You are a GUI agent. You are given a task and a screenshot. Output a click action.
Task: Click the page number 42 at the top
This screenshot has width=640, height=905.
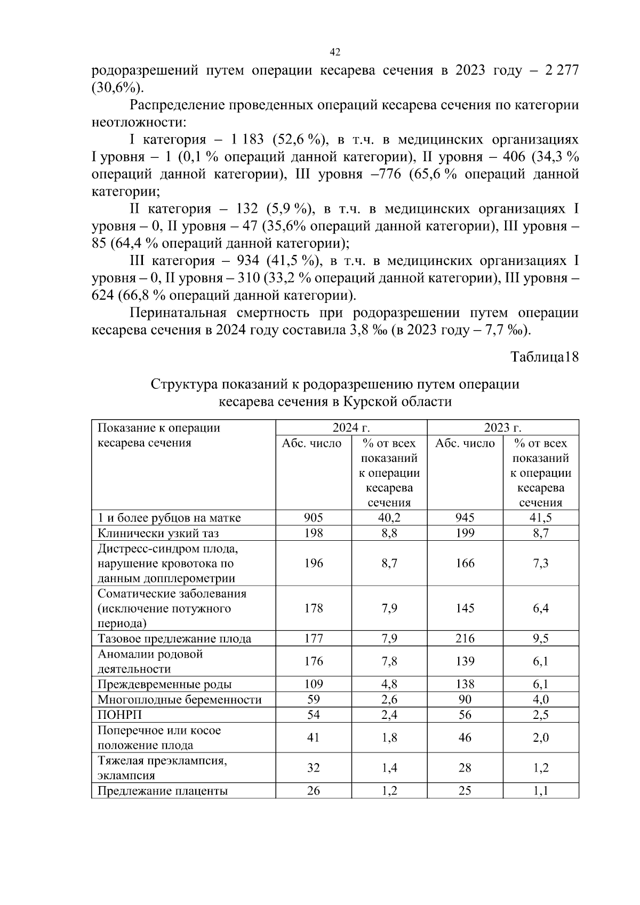click(335, 52)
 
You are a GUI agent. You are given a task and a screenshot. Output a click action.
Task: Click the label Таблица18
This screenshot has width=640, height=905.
click(544, 357)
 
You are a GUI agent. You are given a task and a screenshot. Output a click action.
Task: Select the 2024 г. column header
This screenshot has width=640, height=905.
click(351, 428)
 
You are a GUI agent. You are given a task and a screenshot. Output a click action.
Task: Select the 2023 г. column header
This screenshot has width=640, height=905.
click(502, 428)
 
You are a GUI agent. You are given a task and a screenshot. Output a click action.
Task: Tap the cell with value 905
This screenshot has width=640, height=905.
click(313, 517)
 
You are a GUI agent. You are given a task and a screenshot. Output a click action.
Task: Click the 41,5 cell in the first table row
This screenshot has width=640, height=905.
click(541, 517)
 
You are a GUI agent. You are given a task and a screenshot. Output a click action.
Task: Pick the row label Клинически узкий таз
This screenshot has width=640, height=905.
click(158, 533)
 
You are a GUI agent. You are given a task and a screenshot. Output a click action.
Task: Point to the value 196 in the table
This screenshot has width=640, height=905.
click(313, 563)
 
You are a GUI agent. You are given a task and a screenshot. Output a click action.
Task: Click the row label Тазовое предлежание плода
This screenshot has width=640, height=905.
click(174, 638)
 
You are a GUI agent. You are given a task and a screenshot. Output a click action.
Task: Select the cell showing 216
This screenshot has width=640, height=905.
click(465, 638)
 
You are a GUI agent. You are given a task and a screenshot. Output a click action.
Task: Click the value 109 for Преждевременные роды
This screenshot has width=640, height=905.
click(313, 684)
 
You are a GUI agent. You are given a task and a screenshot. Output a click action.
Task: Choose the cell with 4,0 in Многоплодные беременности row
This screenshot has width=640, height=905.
click(541, 699)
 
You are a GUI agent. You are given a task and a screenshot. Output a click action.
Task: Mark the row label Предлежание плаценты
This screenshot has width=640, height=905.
click(163, 791)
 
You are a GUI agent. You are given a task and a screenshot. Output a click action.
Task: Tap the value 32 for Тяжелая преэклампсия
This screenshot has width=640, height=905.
click(313, 767)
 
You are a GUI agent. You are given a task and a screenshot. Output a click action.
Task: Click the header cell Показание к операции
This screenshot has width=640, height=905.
click(158, 428)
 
